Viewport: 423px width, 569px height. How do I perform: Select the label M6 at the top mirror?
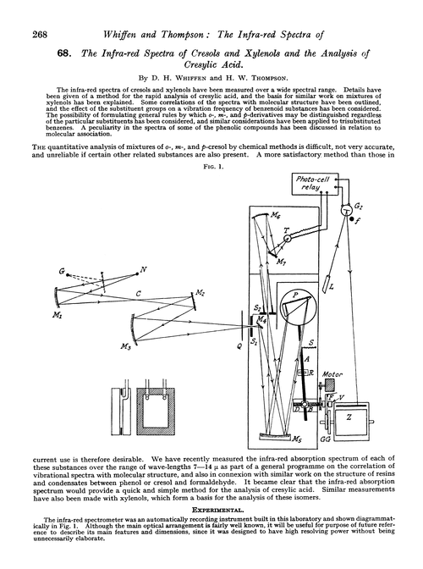[x=280, y=217]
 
